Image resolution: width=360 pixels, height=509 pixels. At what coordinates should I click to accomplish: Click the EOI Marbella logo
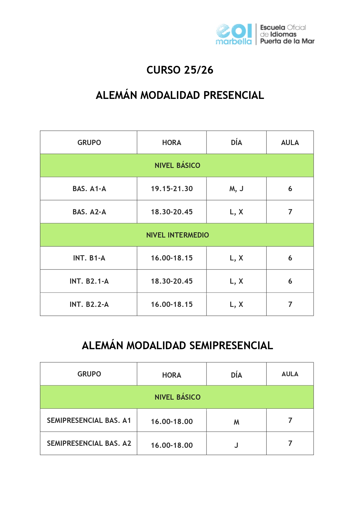click(x=234, y=34)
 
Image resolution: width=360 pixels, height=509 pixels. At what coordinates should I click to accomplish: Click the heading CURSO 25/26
click(x=180, y=70)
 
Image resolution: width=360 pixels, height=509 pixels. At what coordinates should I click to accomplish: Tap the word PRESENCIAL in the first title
click(x=234, y=95)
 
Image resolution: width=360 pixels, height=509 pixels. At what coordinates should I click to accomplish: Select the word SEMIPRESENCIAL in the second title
click(x=231, y=346)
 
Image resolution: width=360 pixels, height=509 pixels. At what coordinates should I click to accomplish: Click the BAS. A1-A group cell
click(x=89, y=189)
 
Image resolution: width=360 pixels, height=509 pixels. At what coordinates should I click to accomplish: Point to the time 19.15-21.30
click(x=172, y=189)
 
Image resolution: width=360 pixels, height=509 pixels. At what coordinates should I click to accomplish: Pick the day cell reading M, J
click(x=236, y=189)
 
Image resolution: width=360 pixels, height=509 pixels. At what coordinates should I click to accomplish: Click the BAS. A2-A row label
click(x=89, y=212)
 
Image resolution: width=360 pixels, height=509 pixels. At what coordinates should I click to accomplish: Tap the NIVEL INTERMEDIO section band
click(x=177, y=235)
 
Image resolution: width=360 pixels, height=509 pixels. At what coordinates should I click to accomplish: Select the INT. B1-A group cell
click(x=89, y=258)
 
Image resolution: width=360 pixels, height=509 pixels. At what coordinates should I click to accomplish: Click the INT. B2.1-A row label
click(x=89, y=281)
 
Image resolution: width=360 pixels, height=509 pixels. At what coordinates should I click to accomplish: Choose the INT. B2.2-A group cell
click(x=89, y=305)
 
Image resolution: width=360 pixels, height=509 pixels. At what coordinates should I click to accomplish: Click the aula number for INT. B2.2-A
click(x=290, y=305)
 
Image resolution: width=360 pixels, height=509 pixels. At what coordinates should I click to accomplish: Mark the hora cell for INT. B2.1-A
click(x=172, y=281)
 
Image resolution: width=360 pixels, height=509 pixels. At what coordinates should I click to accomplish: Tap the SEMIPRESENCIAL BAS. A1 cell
click(x=89, y=421)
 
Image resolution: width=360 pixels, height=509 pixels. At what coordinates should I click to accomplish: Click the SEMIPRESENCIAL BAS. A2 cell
click(x=89, y=443)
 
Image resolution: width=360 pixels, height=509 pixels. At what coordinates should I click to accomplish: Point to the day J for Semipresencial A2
click(x=236, y=445)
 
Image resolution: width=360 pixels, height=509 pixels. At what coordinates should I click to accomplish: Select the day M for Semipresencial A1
click(x=236, y=422)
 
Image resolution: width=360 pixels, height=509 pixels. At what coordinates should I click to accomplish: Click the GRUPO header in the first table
click(x=89, y=143)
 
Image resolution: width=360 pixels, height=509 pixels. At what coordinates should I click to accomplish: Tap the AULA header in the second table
click(x=290, y=374)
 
